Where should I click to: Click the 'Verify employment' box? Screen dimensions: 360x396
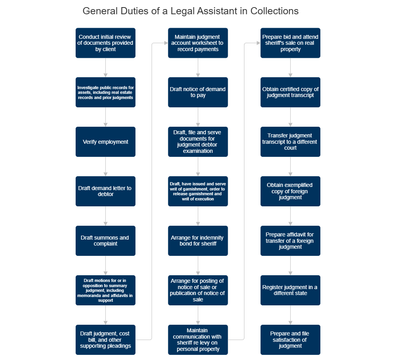coord(105,142)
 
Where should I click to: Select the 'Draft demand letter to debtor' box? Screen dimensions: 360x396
coord(105,191)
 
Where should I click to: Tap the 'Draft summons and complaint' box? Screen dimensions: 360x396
coord(105,241)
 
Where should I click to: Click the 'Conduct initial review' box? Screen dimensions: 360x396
coord(105,43)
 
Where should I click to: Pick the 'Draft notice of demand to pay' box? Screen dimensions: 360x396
coord(198,92)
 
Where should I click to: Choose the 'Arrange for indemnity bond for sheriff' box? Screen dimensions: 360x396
coord(198,241)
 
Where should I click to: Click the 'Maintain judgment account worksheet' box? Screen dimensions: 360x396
coord(198,43)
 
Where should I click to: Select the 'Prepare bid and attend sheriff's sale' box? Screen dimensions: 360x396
coord(290,43)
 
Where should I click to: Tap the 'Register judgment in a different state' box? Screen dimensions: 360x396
coord(290,290)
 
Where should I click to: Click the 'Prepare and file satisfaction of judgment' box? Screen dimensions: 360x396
coord(290,340)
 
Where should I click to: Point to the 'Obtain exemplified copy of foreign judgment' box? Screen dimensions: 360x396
coord(290,191)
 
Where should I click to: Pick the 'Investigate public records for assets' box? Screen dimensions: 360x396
coord(105,92)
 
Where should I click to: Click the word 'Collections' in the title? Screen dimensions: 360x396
coord(274,11)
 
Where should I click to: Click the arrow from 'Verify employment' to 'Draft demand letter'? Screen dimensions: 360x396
coord(105,166)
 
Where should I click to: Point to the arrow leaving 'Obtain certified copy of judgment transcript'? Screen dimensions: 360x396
coord(290,117)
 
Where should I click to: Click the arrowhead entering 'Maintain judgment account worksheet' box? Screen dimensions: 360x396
coord(166,43)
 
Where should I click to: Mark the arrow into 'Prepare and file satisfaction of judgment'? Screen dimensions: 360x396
coord(290,315)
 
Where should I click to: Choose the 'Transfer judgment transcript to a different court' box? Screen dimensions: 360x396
coord(290,142)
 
